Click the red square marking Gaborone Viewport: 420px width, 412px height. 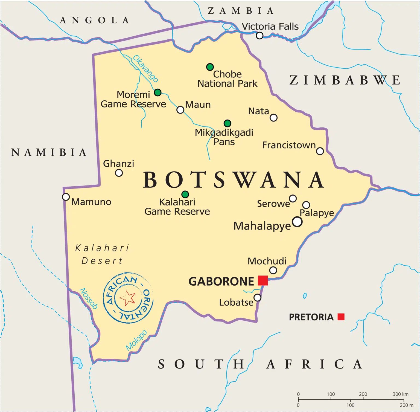click(263, 280)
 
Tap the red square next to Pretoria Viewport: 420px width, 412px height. click(341, 317)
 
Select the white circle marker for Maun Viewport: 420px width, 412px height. click(180, 110)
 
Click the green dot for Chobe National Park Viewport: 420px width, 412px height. click(210, 67)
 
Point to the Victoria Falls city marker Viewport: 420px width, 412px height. click(259, 36)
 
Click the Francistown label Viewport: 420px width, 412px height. click(289, 145)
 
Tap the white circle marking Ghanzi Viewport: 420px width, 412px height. click(119, 173)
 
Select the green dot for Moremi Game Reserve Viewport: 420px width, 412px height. click(157, 92)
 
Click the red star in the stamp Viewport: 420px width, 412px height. click(127, 298)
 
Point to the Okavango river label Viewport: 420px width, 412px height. click(145, 68)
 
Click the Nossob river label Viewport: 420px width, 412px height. click(89, 298)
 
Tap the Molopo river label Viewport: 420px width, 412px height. click(136, 340)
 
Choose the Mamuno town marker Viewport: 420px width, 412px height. click(66, 197)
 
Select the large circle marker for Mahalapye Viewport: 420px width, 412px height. click(297, 222)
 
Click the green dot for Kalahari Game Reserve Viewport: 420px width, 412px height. click(185, 194)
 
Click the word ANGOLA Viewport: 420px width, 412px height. click(95, 20)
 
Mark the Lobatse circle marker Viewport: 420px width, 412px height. click(257, 297)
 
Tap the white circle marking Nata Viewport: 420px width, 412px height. click(273, 118)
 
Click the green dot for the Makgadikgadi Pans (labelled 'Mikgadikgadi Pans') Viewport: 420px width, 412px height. click(227, 123)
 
